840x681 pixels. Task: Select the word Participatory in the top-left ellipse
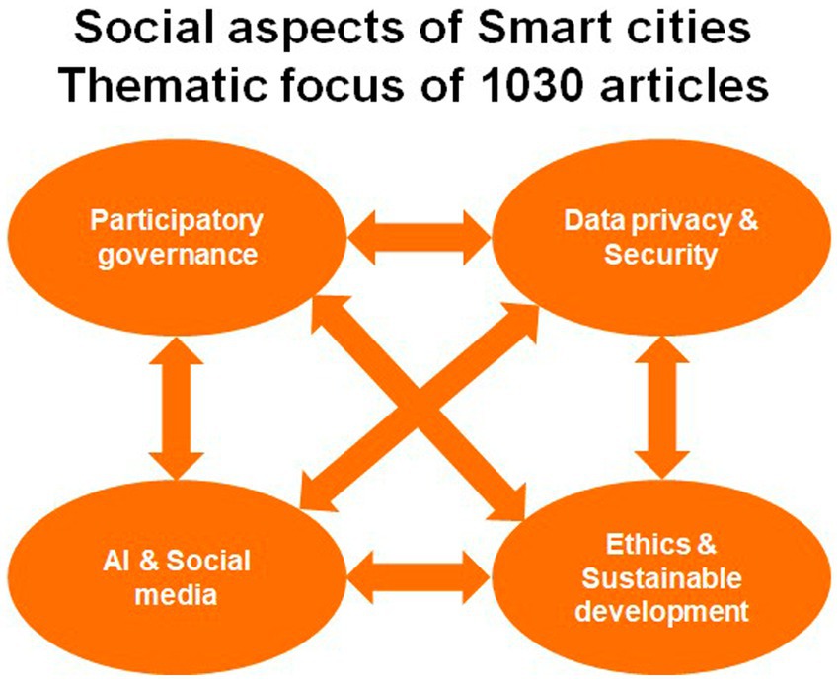pyautogui.click(x=177, y=222)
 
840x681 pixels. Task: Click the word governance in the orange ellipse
pyautogui.click(x=178, y=254)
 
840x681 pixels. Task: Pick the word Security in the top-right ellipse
pyautogui.click(x=660, y=255)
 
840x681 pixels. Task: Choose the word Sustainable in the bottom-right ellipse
pyautogui.click(x=661, y=578)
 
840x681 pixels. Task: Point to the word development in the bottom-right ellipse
pyautogui.click(x=661, y=612)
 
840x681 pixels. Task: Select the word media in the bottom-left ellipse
pyautogui.click(x=176, y=595)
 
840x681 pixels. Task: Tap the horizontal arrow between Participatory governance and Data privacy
pyautogui.click(x=419, y=237)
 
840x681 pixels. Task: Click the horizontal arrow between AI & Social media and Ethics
pyautogui.click(x=419, y=577)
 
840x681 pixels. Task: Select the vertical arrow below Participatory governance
pyautogui.click(x=177, y=408)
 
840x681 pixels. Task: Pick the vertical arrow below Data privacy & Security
pyautogui.click(x=662, y=408)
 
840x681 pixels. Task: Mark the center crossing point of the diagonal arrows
pyautogui.click(x=419, y=409)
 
